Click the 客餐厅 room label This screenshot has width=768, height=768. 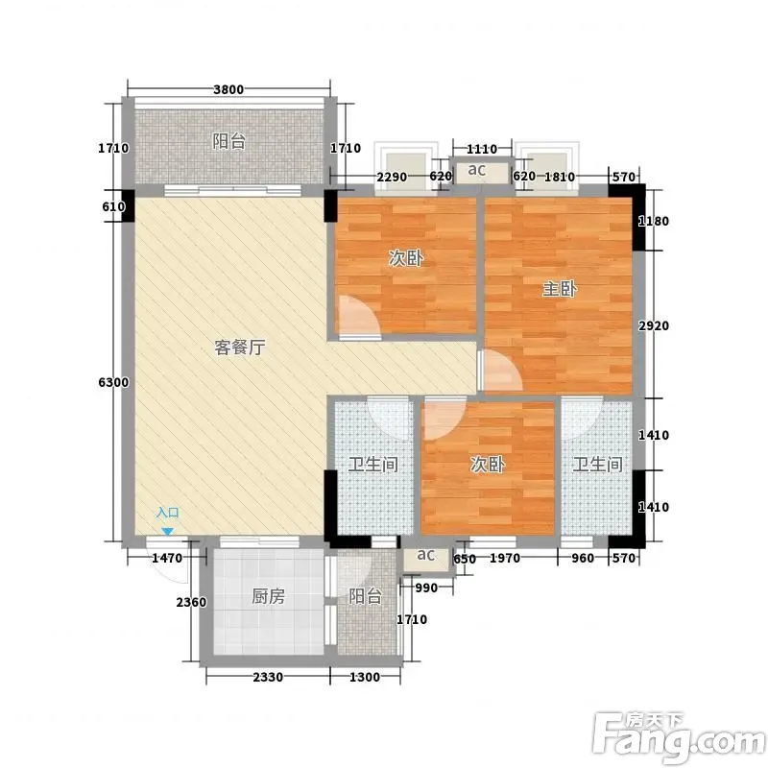click(x=240, y=348)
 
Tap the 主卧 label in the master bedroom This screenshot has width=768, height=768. click(x=560, y=289)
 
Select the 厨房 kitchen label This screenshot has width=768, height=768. click(x=268, y=596)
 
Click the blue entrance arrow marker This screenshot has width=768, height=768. click(x=167, y=532)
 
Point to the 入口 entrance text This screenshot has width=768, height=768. click(x=167, y=513)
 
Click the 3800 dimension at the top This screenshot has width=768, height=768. click(x=228, y=89)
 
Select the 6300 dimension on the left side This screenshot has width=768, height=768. click(x=113, y=382)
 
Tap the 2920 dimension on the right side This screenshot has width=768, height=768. click(x=654, y=325)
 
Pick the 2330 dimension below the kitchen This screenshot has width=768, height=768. click(x=268, y=678)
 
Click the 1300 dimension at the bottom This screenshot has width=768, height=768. click(x=365, y=678)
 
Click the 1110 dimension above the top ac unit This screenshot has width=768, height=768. click(x=482, y=149)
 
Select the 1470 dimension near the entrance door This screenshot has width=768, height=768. click(x=167, y=558)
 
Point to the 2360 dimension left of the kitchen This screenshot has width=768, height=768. click(x=191, y=603)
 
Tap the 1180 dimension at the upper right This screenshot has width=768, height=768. click(x=654, y=222)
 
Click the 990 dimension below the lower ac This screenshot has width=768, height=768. click(x=426, y=588)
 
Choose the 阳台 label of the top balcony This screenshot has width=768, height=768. click(x=228, y=141)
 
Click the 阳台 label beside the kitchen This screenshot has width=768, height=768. click(x=365, y=596)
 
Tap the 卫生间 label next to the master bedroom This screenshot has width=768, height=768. click(x=597, y=465)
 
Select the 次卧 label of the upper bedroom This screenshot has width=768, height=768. click(x=406, y=257)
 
